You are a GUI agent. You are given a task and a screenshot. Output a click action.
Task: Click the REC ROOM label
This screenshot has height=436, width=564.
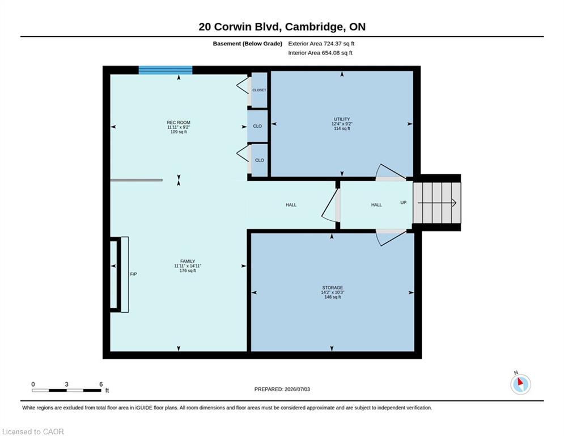click(179, 123)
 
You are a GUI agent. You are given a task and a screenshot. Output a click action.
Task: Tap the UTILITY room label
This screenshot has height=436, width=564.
click(342, 119)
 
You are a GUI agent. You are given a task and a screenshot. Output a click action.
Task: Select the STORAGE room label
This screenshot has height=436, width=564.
click(332, 287)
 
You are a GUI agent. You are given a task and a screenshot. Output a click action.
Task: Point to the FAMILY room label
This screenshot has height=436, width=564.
click(188, 261)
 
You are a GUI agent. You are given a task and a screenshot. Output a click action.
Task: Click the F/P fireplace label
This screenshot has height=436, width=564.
click(133, 274)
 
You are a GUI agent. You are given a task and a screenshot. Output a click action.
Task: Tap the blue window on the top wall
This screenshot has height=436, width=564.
click(166, 70)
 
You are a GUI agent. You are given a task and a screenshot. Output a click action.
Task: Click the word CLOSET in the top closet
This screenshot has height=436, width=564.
click(260, 90)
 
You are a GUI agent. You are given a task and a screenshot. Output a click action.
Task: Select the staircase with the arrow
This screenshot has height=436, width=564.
click(436, 203)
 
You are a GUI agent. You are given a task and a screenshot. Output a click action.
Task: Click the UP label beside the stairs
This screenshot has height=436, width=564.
click(404, 203)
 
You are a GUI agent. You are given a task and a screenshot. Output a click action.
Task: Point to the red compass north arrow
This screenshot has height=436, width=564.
click(520, 381)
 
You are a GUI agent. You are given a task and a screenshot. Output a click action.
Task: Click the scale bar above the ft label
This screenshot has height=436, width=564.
click(66, 390)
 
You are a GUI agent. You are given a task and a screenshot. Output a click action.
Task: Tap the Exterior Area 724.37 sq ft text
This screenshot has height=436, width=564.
click(321, 44)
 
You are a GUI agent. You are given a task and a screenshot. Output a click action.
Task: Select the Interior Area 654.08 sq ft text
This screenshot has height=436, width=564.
click(320, 53)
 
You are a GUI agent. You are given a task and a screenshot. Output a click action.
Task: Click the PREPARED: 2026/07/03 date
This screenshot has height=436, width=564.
click(282, 389)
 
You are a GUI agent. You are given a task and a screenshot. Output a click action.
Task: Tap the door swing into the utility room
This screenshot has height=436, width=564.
click(391, 172)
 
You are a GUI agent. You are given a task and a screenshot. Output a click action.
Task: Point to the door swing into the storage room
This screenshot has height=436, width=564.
click(391, 237)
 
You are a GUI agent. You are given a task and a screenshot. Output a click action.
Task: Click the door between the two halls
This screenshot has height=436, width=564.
click(330, 205)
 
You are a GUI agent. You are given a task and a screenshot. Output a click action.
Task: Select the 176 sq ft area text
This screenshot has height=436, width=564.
click(188, 271)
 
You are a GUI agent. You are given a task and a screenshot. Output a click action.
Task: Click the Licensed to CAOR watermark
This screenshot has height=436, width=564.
click(33, 431)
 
